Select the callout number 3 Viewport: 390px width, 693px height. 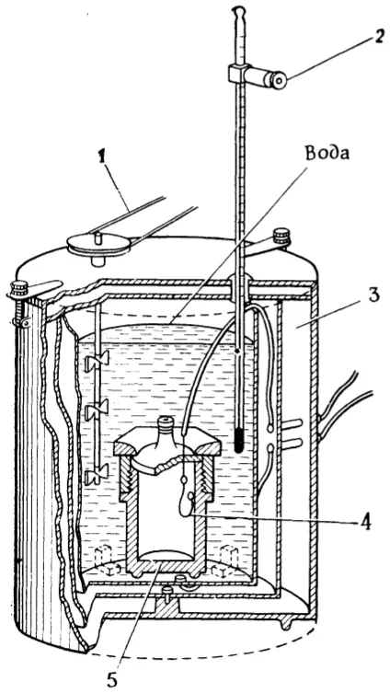(x=373, y=296)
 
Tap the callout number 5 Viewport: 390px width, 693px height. (x=112, y=680)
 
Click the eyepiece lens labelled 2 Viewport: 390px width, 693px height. (x=279, y=80)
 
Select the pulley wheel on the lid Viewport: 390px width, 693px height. (x=99, y=244)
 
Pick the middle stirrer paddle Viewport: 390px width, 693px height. (x=97, y=412)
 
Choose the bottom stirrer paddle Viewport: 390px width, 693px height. (x=97, y=476)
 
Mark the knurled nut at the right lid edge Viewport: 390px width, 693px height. (x=281, y=235)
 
